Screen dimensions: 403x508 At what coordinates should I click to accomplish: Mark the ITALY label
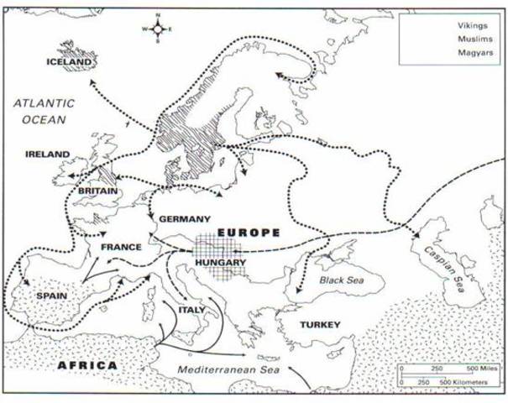[202, 308]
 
